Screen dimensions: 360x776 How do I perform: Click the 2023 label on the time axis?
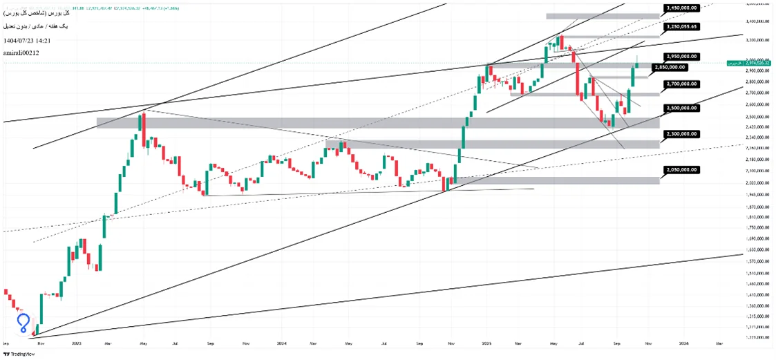(x=75, y=343)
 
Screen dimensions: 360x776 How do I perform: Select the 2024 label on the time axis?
(x=281, y=343)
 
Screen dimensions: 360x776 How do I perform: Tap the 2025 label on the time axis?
(x=486, y=343)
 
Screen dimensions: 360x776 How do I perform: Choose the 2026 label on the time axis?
(x=683, y=343)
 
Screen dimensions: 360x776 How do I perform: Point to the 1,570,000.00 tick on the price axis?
(x=758, y=261)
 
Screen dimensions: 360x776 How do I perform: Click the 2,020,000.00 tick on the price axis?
(x=758, y=183)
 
